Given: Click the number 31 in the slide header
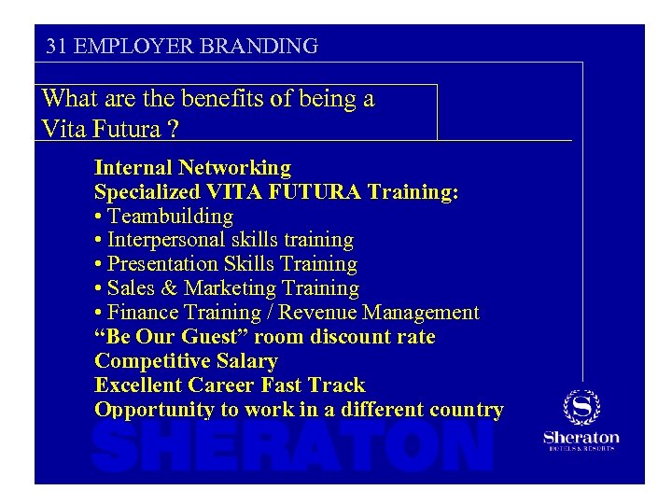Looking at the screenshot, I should coord(55,45).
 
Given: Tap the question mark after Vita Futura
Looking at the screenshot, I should coord(175,128).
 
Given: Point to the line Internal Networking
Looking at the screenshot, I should coord(192,168).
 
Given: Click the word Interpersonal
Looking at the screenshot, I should coord(164,241).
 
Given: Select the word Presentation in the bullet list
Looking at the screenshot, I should coord(164,265).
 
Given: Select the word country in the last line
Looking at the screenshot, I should coord(464,410).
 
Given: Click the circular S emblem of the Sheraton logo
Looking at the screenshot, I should coord(581,408).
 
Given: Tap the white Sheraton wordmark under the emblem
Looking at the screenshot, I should coord(581,437).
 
